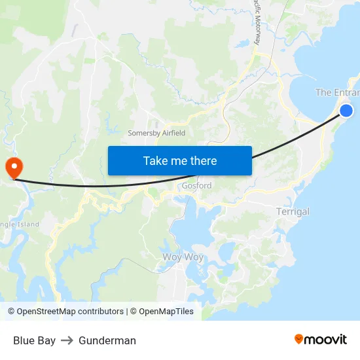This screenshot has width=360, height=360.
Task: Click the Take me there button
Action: point(180,160)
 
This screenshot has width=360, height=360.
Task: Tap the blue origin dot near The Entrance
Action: point(346,111)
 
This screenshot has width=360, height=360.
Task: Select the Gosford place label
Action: point(196,186)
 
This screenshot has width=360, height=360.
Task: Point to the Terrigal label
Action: point(293,211)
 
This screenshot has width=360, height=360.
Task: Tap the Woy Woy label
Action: point(183,257)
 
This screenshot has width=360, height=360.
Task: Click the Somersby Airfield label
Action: point(156,133)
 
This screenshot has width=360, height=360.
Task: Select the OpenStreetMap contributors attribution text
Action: point(70,312)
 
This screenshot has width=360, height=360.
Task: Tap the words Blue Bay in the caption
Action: point(34,340)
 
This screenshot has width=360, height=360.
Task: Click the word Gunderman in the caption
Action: point(107,340)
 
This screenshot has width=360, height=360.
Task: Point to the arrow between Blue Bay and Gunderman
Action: point(67,340)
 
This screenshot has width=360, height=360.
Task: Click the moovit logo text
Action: point(325,339)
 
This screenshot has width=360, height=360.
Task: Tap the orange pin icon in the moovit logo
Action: point(299,339)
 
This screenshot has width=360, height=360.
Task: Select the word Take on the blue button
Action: point(154,160)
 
